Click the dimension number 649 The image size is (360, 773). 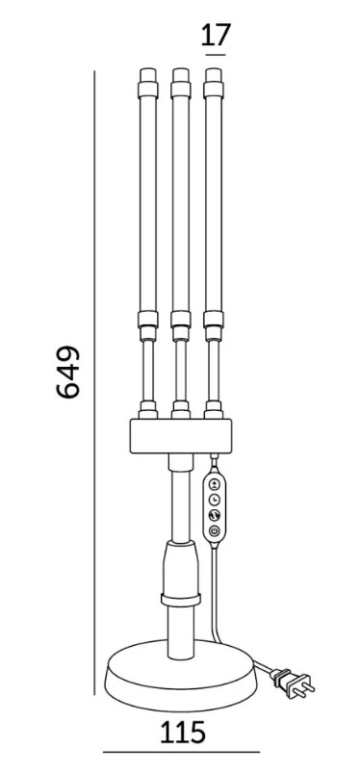(68, 372)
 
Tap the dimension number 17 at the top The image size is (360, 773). (216, 35)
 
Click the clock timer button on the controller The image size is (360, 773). (214, 500)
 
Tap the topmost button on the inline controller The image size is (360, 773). (214, 483)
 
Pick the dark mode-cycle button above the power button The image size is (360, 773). (214, 515)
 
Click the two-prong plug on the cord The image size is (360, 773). (294, 682)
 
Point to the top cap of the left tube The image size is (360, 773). (148, 75)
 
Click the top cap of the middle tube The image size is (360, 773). (181, 75)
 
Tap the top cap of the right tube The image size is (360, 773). (213, 75)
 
